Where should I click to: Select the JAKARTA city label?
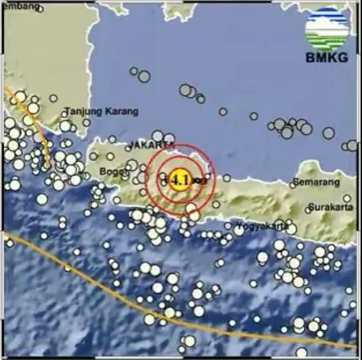150,147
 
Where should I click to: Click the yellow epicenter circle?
179,180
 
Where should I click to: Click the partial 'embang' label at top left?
19,6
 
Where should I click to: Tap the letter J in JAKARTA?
129,147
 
